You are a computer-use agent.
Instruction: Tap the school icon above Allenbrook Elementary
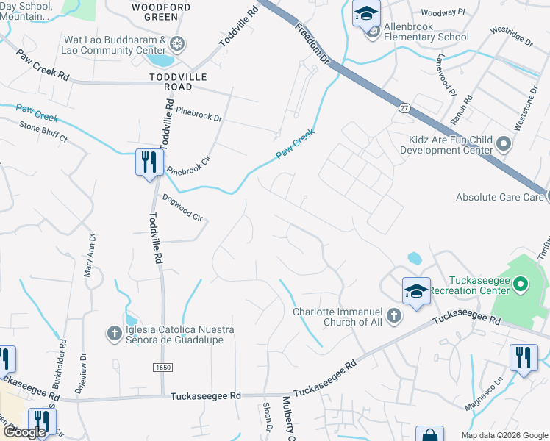[366, 12]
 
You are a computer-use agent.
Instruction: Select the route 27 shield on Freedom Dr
[404, 107]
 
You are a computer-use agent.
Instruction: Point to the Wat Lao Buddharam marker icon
[176, 43]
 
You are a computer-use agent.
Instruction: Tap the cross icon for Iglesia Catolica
[114, 334]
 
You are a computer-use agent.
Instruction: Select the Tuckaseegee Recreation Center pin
[521, 283]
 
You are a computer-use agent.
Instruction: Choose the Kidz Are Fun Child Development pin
[504, 143]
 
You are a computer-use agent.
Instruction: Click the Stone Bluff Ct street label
[43, 132]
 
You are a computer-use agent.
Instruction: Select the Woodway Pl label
[442, 12]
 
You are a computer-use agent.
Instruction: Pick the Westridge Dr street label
[512, 38]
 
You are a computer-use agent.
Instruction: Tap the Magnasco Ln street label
[491, 387]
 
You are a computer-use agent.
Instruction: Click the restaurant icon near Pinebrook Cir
[149, 162]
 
